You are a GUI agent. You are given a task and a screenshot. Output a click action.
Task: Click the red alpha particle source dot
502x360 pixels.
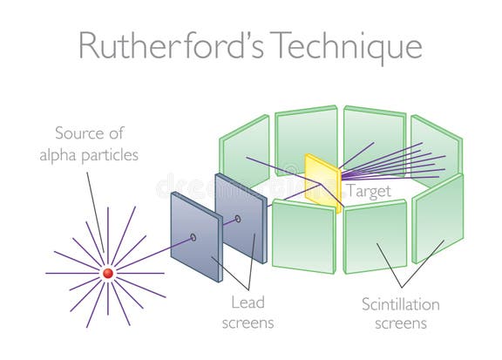click(108, 273)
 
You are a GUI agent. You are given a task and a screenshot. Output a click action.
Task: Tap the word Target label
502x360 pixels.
click(367, 189)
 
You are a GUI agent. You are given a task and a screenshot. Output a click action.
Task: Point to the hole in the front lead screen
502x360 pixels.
click(193, 236)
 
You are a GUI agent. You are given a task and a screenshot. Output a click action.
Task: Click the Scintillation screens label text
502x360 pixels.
click(401, 314)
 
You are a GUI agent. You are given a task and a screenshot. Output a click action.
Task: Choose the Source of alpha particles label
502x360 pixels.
click(97, 144)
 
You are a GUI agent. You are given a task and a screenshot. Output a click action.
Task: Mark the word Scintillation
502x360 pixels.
click(401, 304)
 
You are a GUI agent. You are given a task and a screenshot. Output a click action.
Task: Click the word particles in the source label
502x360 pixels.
click(117, 154)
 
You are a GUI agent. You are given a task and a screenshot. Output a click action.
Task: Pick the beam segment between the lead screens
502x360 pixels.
click(214, 228)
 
